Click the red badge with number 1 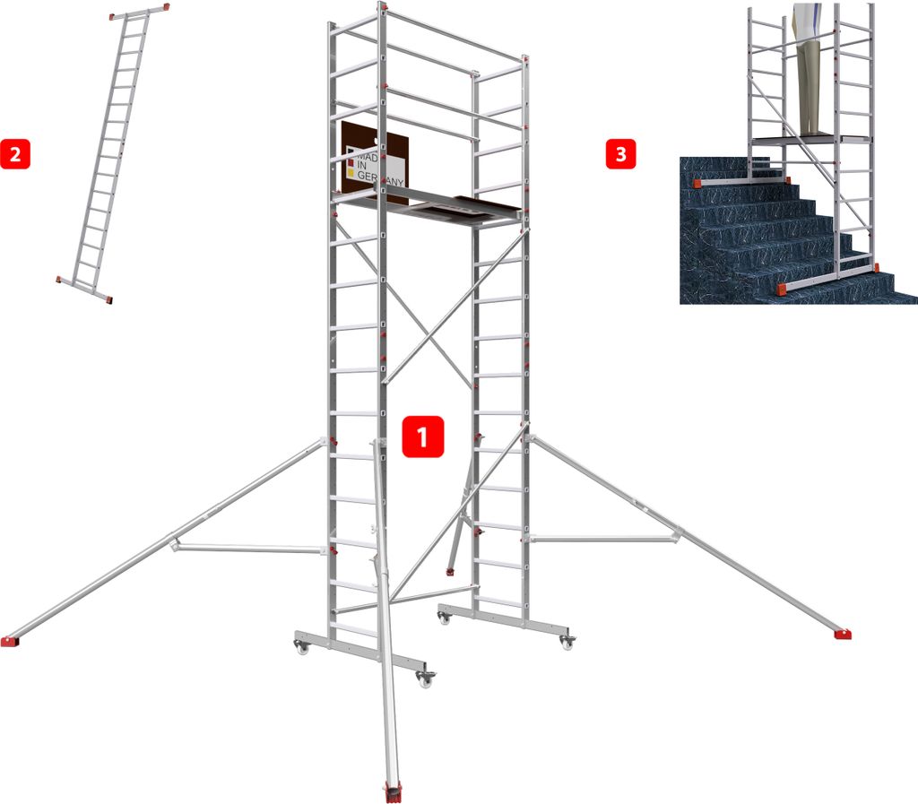(423, 437)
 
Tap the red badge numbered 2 (15, 154)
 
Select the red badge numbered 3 (620, 154)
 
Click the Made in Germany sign (375, 162)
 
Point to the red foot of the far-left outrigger (9, 641)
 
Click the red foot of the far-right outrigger (843, 634)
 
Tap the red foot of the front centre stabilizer (393, 791)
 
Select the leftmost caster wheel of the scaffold (301, 647)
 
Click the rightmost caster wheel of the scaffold (567, 643)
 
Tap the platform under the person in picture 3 (810, 139)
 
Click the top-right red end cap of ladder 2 (166, 7)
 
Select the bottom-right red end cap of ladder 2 (108, 300)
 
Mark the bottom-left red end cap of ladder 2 (58, 280)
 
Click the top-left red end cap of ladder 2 (112, 17)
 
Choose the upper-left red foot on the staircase (697, 183)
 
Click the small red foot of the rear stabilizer (450, 571)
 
